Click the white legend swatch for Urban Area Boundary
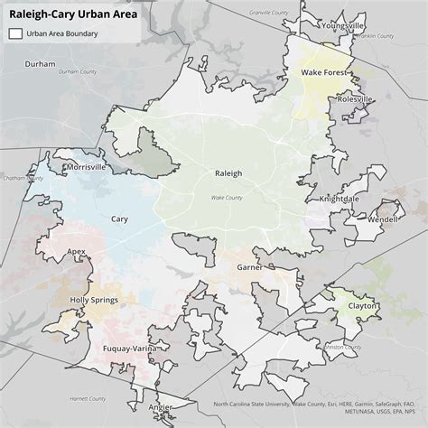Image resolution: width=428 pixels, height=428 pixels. click(15, 33)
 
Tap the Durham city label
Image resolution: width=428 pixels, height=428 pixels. click(40, 65)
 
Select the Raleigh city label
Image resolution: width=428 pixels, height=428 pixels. click(228, 173)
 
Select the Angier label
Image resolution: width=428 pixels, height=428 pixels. click(160, 406)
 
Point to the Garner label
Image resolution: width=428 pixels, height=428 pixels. click(249, 268)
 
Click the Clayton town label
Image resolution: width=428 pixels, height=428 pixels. click(363, 306)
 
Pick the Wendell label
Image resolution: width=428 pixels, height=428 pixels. click(382, 219)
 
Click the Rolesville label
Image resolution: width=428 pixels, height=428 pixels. click(354, 99)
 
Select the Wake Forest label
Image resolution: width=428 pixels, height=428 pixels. click(324, 71)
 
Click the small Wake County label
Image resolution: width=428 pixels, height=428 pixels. click(227, 197)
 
